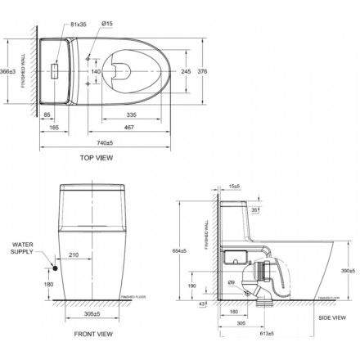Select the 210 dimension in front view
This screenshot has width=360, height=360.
pyautogui.click(x=73, y=255)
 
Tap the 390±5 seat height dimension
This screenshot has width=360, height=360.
pyautogui.click(x=346, y=270)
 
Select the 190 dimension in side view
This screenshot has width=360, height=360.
pyautogui.click(x=215, y=286)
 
